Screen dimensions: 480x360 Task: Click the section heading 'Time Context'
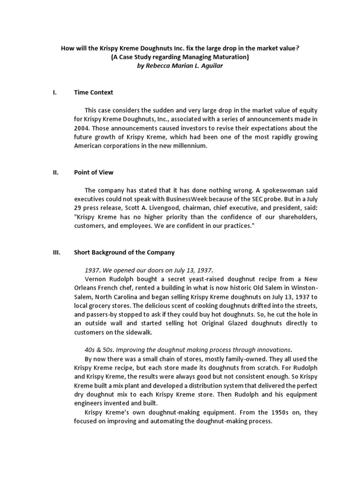[93, 92]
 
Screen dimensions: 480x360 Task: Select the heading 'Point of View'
[94, 172]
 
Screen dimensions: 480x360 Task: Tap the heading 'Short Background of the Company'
[124, 252]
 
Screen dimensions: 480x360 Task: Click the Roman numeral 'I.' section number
[54, 92]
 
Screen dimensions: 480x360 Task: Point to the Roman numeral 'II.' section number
[55, 172]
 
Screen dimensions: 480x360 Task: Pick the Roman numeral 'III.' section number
[56, 252]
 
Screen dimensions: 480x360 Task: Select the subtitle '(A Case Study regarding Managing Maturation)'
[180, 57]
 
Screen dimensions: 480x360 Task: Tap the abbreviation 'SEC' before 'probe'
[230, 199]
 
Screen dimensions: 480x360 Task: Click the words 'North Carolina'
[114, 297]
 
